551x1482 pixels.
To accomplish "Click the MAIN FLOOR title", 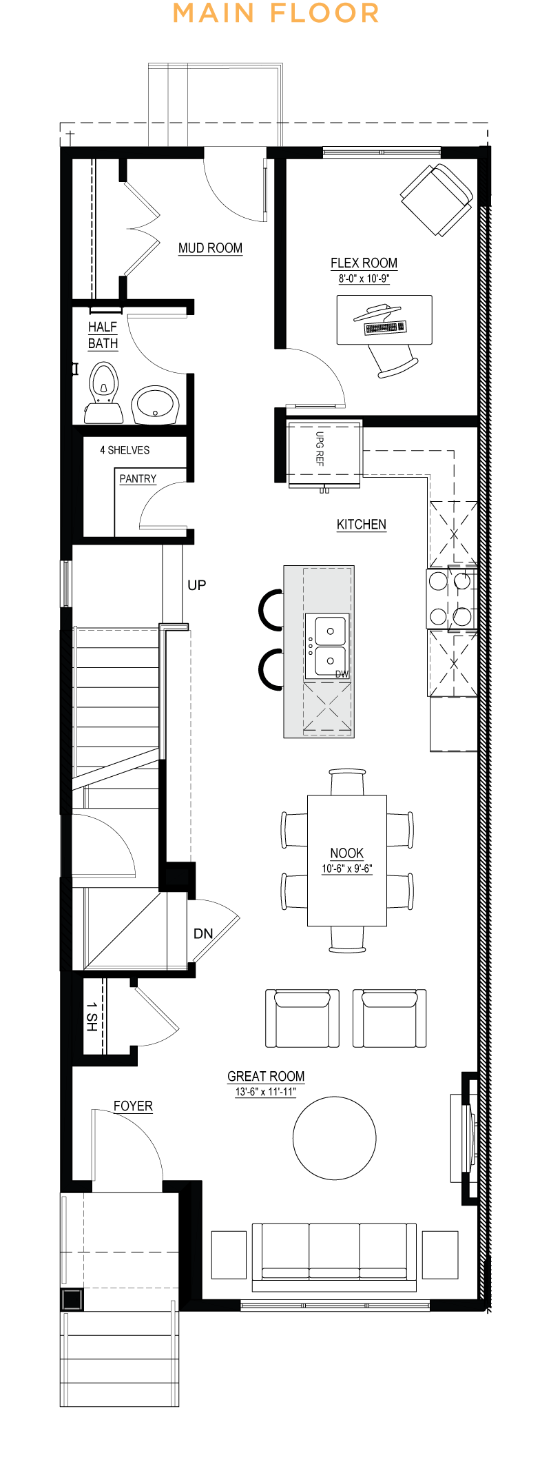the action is [x=275, y=13].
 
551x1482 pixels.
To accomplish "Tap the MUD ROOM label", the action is [x=210, y=248].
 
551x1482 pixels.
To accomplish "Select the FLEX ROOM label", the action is [x=364, y=263].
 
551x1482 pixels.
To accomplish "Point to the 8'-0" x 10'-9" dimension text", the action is [x=364, y=279].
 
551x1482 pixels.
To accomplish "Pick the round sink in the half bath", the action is [x=155, y=405].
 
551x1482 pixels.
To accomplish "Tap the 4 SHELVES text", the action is [x=125, y=450].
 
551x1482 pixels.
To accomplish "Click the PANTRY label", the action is [x=138, y=479].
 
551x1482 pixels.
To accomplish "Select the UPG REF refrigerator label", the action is [x=320, y=449].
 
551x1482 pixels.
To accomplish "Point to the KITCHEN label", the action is [x=362, y=525].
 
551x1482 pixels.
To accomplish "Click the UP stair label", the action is [x=196, y=585].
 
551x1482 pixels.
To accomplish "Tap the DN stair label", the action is [x=203, y=934].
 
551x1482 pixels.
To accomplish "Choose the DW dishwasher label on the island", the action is [x=342, y=674].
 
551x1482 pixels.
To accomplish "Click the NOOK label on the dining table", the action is [x=346, y=853].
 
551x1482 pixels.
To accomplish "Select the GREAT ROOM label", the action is [x=266, y=1077].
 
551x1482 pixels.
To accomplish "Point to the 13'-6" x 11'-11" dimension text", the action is [x=266, y=1092].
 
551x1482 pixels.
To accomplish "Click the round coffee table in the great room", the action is [x=335, y=1137].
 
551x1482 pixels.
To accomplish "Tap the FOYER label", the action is [x=133, y=1106].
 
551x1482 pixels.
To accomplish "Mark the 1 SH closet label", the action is [x=92, y=1017].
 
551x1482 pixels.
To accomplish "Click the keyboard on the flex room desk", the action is [x=386, y=327].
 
